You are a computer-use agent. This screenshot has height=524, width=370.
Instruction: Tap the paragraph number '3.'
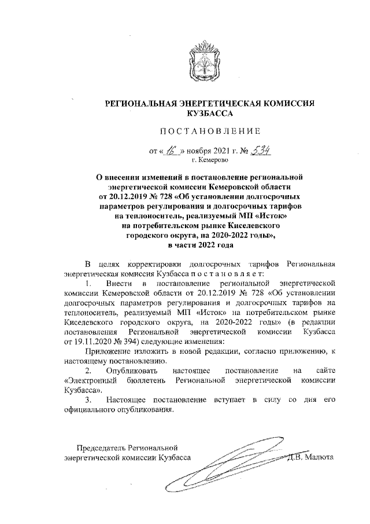pos(88,400)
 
